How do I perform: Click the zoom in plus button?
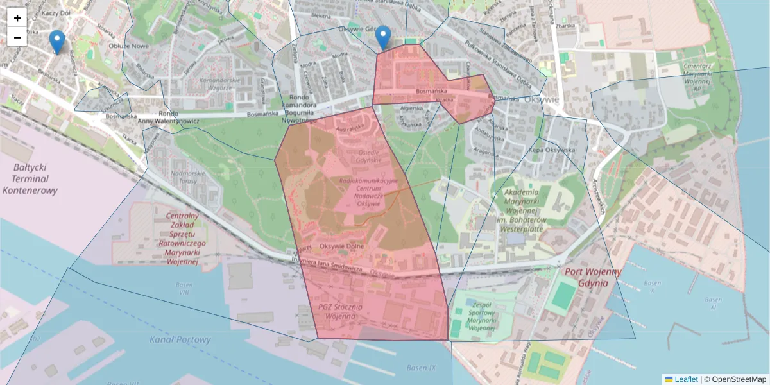click(17, 18)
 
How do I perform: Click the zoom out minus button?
click(17, 37)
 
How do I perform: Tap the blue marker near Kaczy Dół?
click(57, 42)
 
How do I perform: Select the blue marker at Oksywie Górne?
click(383, 37)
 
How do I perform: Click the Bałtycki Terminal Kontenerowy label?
click(30, 179)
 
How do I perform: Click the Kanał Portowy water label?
click(180, 339)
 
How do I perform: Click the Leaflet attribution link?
click(686, 379)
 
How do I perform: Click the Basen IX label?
click(420, 368)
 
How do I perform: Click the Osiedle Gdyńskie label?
click(369, 158)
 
